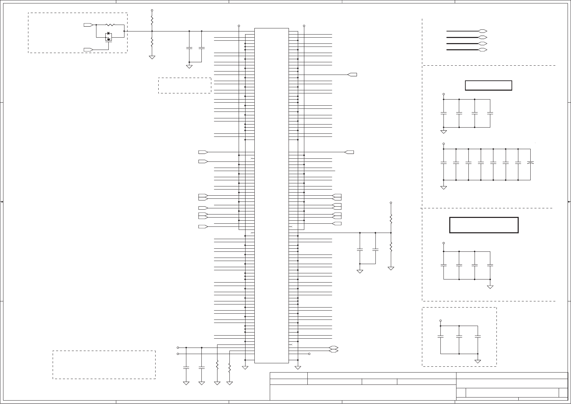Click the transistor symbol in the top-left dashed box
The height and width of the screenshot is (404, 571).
pyautogui.click(x=109, y=37)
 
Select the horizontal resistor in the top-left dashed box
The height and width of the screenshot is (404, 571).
pyautogui.click(x=110, y=25)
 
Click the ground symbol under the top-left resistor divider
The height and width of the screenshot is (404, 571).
pyautogui.click(x=152, y=57)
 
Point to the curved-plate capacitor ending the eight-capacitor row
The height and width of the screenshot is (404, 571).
pyautogui.click(x=530, y=163)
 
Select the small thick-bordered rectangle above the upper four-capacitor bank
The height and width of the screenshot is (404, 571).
pyautogui.click(x=488, y=86)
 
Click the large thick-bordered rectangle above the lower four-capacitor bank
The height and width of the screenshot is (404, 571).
pyautogui.click(x=484, y=225)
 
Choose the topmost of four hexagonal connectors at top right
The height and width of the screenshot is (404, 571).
pyautogui.click(x=482, y=31)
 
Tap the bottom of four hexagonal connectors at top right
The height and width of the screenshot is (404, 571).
pyautogui.click(x=482, y=50)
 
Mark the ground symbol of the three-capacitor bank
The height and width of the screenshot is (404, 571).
pyautogui.click(x=478, y=361)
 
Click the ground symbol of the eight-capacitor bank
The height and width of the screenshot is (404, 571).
pyautogui.click(x=443, y=187)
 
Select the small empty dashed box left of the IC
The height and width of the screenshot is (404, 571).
pyautogui.click(x=185, y=86)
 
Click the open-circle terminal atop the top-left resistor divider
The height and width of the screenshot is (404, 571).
pyautogui.click(x=152, y=11)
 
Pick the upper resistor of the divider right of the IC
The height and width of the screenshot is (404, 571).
pyautogui.click(x=391, y=218)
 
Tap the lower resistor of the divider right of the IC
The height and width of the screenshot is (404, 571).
pyautogui.click(x=391, y=246)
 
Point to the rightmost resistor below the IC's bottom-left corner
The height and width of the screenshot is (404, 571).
pyautogui.click(x=229, y=368)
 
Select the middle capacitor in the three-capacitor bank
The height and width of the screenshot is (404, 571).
pyautogui.click(x=459, y=337)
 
